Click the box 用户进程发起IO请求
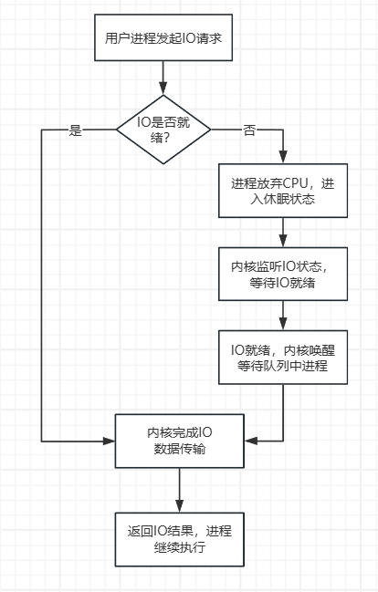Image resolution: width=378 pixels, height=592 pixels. pos(163,39)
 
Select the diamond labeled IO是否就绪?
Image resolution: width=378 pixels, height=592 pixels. pos(163,130)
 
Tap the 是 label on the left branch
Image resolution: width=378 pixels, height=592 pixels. pos(76,130)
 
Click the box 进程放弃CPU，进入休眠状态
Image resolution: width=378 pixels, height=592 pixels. pos(283,190)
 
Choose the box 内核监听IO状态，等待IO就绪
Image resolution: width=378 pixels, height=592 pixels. pos(283,274)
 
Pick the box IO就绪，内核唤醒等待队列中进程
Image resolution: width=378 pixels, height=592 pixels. pos(283,358)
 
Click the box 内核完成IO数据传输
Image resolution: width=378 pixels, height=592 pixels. pos(179,441)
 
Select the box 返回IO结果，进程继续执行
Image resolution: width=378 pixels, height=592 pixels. pos(179,537)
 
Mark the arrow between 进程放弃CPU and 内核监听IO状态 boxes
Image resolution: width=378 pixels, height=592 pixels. pos(283,232)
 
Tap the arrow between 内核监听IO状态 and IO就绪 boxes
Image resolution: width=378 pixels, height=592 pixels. pos(283,316)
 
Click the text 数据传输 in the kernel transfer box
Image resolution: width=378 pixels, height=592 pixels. pos(179,449)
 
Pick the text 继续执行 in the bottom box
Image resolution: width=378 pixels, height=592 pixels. pos(179,545)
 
